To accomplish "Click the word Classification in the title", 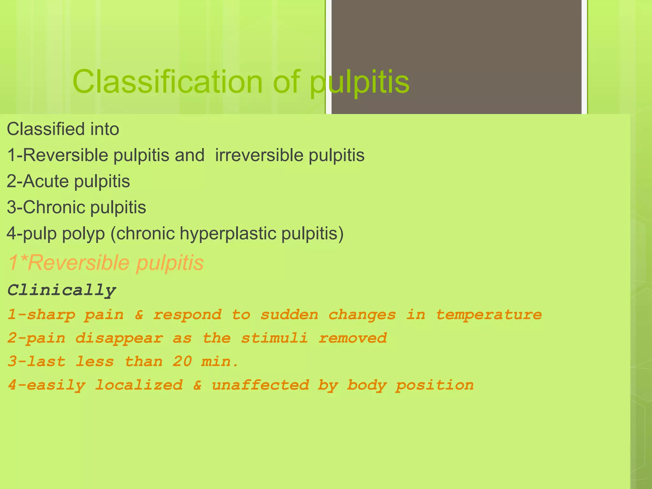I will (x=167, y=82).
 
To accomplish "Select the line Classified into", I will (x=63, y=129).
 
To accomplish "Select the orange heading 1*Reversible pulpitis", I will (x=106, y=263).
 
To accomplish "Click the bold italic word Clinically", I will (x=62, y=290).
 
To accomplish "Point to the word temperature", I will (x=489, y=315).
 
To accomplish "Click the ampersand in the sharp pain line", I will (x=139, y=315).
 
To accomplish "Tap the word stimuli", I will (x=274, y=338).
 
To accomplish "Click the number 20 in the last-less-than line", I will (x=182, y=362).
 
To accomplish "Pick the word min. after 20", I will (x=220, y=362).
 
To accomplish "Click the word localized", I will (x=139, y=385).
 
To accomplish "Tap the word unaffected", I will (x=260, y=385).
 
